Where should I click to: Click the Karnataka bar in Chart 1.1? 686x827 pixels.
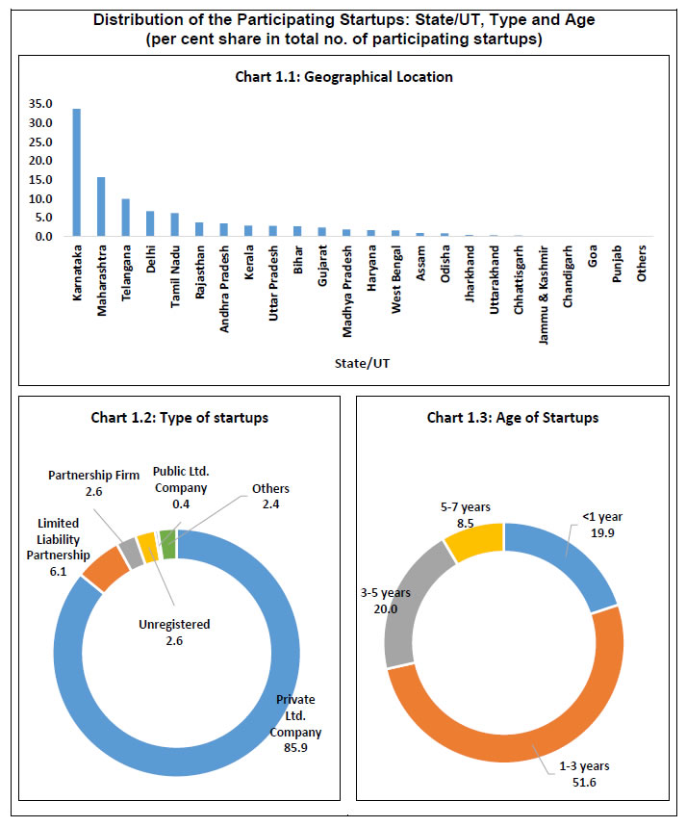click(77, 172)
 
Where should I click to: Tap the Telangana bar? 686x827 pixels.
click(125, 217)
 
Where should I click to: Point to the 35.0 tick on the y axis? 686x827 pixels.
click(40, 104)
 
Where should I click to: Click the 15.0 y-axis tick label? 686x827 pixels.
click(40, 179)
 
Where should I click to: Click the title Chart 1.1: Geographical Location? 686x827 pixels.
click(343, 76)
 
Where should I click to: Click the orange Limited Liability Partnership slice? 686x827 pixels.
click(105, 570)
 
